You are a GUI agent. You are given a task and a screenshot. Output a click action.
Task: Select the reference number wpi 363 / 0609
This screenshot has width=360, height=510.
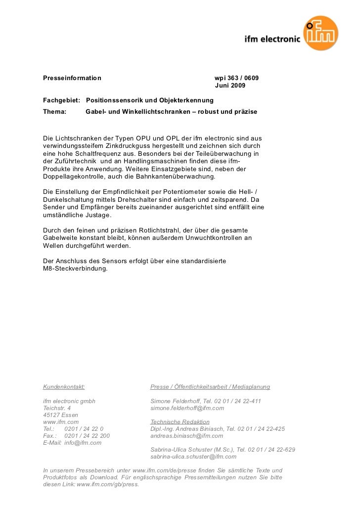click(236, 78)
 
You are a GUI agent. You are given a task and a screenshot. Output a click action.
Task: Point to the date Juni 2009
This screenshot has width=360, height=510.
click(229, 87)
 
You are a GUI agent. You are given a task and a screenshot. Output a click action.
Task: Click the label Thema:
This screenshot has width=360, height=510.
click(55, 112)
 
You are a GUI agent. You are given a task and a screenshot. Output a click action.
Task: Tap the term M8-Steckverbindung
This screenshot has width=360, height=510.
click(75, 269)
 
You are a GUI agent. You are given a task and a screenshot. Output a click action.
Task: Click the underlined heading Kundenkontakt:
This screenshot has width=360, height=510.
click(64, 387)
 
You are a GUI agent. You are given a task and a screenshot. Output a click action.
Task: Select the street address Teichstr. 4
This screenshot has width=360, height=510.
click(57, 408)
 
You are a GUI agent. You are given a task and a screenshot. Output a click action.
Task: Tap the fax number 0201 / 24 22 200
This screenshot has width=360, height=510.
click(87, 436)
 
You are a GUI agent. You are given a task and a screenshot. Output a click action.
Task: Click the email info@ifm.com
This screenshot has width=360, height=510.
click(83, 443)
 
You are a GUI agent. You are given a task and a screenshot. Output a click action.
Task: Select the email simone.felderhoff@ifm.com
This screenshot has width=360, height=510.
click(187, 408)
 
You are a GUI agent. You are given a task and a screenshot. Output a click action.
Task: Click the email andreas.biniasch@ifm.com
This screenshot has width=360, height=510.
click(186, 436)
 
